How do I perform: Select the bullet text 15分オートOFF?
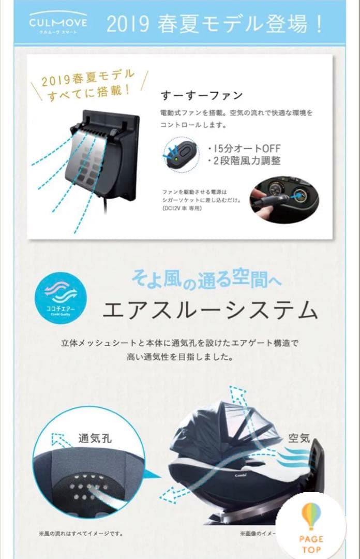pos(244,148)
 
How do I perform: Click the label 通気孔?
pos(95,439)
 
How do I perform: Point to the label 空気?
pos(299,438)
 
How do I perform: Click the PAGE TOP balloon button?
pos(311,528)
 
